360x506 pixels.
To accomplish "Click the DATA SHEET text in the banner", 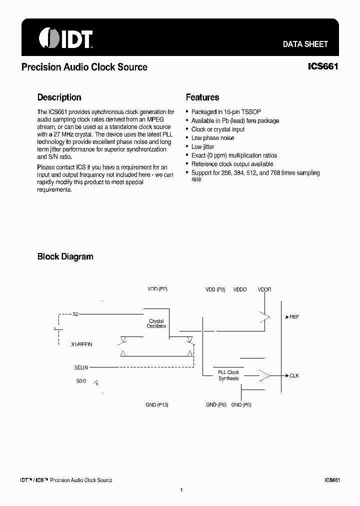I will click(x=305, y=44).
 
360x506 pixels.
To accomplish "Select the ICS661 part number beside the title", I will click(x=323, y=66).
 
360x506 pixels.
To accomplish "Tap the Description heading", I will click(x=59, y=97).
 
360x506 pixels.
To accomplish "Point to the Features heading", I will click(x=202, y=97).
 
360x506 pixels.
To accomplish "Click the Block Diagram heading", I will click(x=65, y=256).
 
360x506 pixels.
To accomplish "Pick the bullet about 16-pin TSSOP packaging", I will click(x=226, y=112).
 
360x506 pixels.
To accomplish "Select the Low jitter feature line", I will click(x=202, y=146).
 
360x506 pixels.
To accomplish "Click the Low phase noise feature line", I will click(x=212, y=138).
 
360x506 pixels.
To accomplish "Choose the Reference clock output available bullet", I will click(x=232, y=164).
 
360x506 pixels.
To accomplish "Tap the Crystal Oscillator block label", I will click(x=156, y=323).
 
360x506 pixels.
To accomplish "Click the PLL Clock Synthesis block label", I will click(x=228, y=375).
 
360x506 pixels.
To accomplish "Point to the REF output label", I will click(x=294, y=317).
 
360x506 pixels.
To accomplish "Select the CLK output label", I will click(x=294, y=375).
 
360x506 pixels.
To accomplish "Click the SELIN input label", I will click(x=81, y=367).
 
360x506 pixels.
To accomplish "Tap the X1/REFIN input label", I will click(x=82, y=344).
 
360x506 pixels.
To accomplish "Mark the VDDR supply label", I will click(x=264, y=289).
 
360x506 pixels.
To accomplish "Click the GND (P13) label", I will click(x=157, y=404).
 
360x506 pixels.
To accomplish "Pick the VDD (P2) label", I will click(x=157, y=289).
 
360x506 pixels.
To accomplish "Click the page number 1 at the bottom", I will click(x=181, y=490).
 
